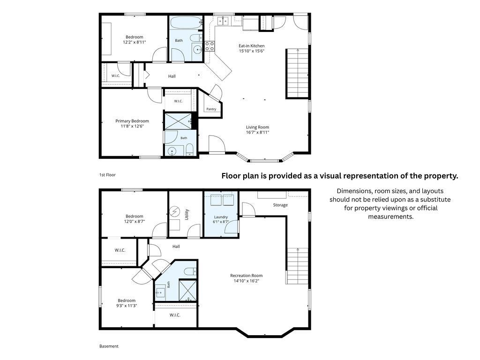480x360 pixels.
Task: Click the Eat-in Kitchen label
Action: (251, 46)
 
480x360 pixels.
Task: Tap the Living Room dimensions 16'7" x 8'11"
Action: (257, 132)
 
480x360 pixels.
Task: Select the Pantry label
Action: (211, 109)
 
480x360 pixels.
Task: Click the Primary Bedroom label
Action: (132, 121)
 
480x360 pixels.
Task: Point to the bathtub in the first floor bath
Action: (186, 22)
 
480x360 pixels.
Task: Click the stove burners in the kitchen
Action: (210, 46)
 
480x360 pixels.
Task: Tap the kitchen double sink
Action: (223, 21)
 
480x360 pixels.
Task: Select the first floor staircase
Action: (297, 74)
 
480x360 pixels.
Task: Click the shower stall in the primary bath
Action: (178, 121)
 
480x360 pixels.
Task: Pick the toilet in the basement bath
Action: (190, 271)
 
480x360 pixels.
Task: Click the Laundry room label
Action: (221, 217)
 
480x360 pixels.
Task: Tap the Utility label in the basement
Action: (187, 214)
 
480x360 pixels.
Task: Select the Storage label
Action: (280, 205)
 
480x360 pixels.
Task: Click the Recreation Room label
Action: (247, 276)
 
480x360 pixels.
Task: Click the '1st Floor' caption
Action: (107, 175)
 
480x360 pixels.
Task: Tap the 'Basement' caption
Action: (109, 346)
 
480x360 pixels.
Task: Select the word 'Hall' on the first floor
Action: (172, 76)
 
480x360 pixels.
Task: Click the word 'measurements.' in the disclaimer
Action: (390, 217)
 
